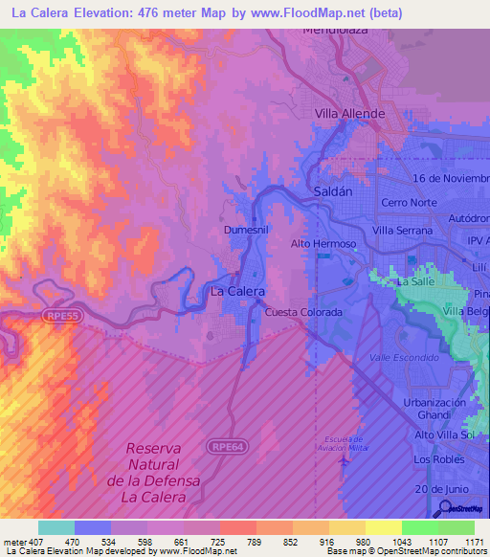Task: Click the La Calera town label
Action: [236, 291]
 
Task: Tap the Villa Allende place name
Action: [350, 114]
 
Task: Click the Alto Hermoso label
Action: [323, 244]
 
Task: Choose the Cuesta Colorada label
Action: [303, 313]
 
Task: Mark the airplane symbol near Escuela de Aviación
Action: [343, 463]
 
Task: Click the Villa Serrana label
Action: [404, 231]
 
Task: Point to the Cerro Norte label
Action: [409, 204]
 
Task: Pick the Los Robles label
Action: [433, 459]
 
